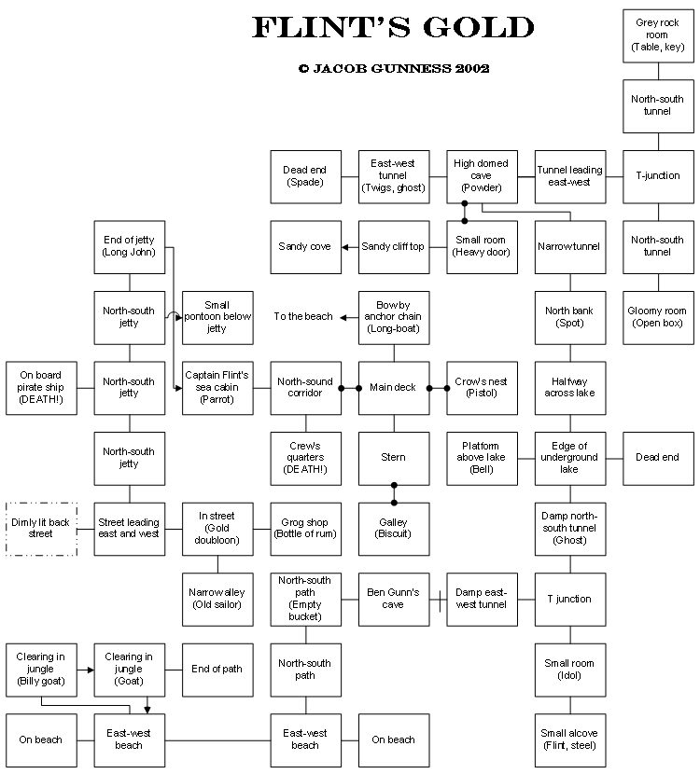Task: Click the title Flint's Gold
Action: click(393, 28)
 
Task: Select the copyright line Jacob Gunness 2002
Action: click(393, 68)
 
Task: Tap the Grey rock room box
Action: click(658, 35)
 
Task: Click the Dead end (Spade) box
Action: click(305, 176)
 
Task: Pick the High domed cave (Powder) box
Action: click(482, 176)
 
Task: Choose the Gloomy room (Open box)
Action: click(658, 317)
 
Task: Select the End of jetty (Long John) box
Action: click(130, 247)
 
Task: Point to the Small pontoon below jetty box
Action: click(217, 317)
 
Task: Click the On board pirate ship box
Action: click(41, 387)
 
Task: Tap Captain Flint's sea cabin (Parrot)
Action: click(217, 387)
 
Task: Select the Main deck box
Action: click(394, 387)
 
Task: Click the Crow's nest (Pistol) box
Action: click(482, 387)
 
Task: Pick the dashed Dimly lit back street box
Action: click(41, 528)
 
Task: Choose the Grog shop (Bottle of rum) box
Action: click(305, 528)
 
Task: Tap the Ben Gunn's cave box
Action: click(394, 599)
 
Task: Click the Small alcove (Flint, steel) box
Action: click(570, 739)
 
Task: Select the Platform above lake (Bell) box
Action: click(482, 458)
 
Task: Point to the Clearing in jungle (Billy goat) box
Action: click(41, 669)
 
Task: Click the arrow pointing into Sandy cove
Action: click(345, 247)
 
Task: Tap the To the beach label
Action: click(303, 317)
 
